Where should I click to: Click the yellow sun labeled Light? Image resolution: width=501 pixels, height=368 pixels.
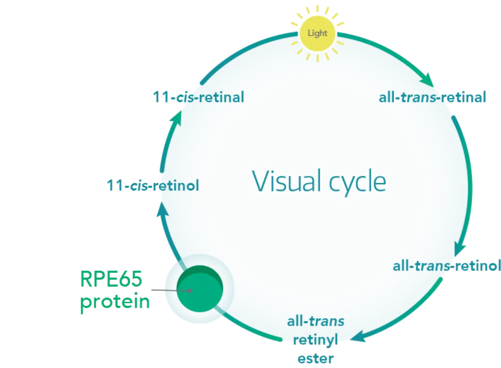pyautogui.click(x=317, y=33)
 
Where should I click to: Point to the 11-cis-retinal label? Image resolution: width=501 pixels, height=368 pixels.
pyautogui.click(x=198, y=97)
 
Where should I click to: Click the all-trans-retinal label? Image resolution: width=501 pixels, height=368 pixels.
pyautogui.click(x=432, y=97)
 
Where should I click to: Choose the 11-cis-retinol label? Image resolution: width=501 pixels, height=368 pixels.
pyautogui.click(x=153, y=186)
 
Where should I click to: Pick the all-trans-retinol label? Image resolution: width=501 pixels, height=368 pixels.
pyautogui.click(x=446, y=266)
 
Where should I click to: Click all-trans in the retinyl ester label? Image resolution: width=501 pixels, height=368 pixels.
pyautogui.click(x=316, y=321)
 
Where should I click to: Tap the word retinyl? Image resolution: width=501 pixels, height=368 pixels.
pyautogui.click(x=315, y=340)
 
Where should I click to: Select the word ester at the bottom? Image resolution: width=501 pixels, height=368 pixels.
pyautogui.click(x=316, y=358)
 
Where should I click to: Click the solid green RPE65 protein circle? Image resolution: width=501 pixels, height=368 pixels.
pyautogui.click(x=200, y=288)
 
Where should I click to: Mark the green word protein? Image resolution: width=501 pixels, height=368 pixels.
pyautogui.click(x=116, y=302)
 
